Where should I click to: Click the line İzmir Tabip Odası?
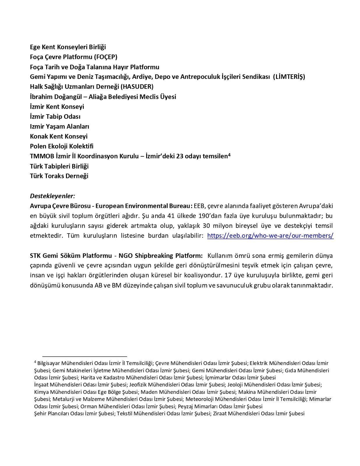(55, 116)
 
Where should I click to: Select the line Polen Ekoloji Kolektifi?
(62, 146)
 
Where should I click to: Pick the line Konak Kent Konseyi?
(59, 136)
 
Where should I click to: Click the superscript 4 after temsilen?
(230, 155)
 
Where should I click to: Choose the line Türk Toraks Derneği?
(59, 176)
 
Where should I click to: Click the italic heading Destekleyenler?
(52, 196)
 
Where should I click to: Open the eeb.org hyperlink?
(270, 236)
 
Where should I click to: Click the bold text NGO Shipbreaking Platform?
(161, 256)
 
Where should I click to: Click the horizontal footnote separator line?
(84, 356)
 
